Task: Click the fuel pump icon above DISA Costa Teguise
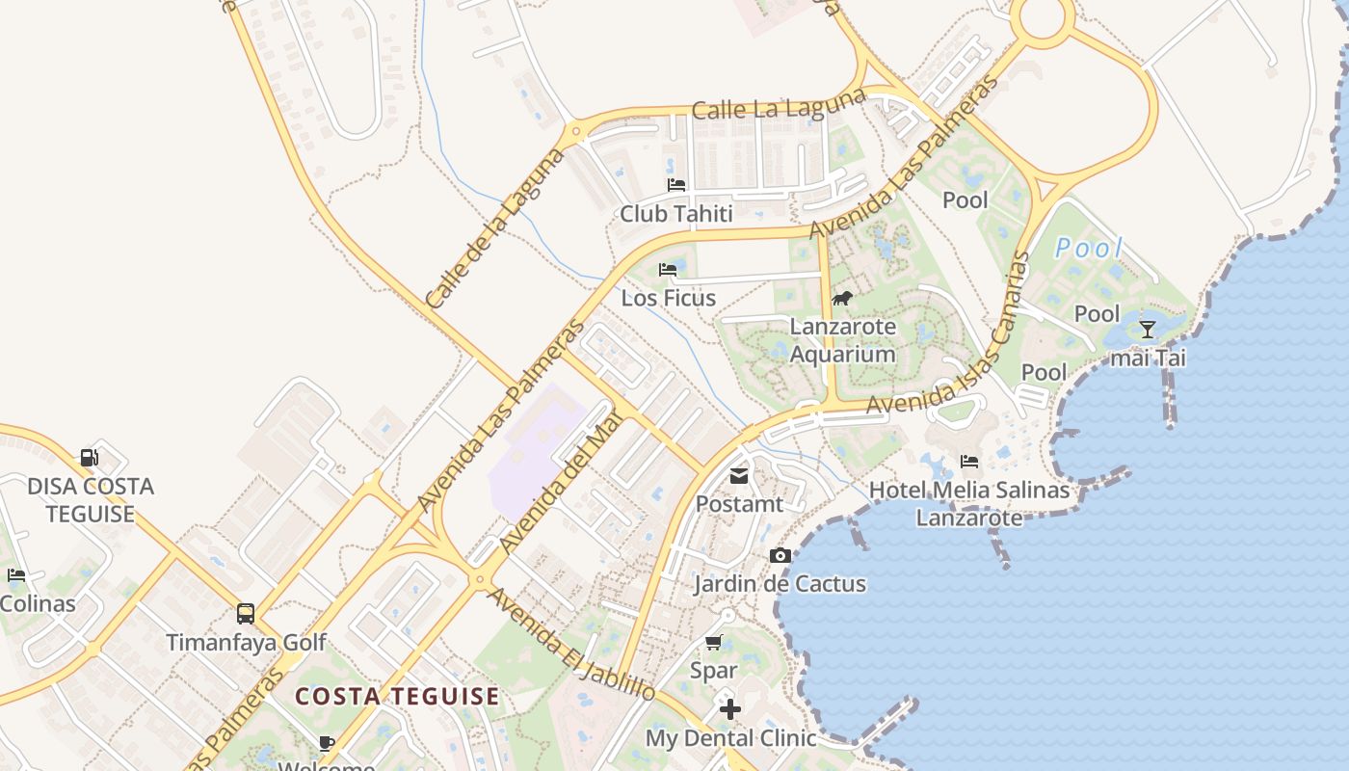click(x=89, y=457)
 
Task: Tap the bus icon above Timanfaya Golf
click(x=246, y=613)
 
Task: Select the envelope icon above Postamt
click(x=739, y=475)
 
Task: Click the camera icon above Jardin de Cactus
click(x=780, y=555)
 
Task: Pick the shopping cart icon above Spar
click(x=713, y=642)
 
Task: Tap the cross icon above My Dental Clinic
click(x=730, y=709)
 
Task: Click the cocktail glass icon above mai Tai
click(x=1147, y=330)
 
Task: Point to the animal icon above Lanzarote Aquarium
click(x=842, y=298)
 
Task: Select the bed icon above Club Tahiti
click(x=676, y=185)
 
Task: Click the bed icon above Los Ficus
click(x=668, y=269)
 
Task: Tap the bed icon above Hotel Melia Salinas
click(x=969, y=462)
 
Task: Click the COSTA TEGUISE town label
click(x=397, y=696)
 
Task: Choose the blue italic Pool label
click(x=1088, y=249)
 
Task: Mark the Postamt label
click(x=739, y=504)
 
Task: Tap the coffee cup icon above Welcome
click(x=327, y=742)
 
